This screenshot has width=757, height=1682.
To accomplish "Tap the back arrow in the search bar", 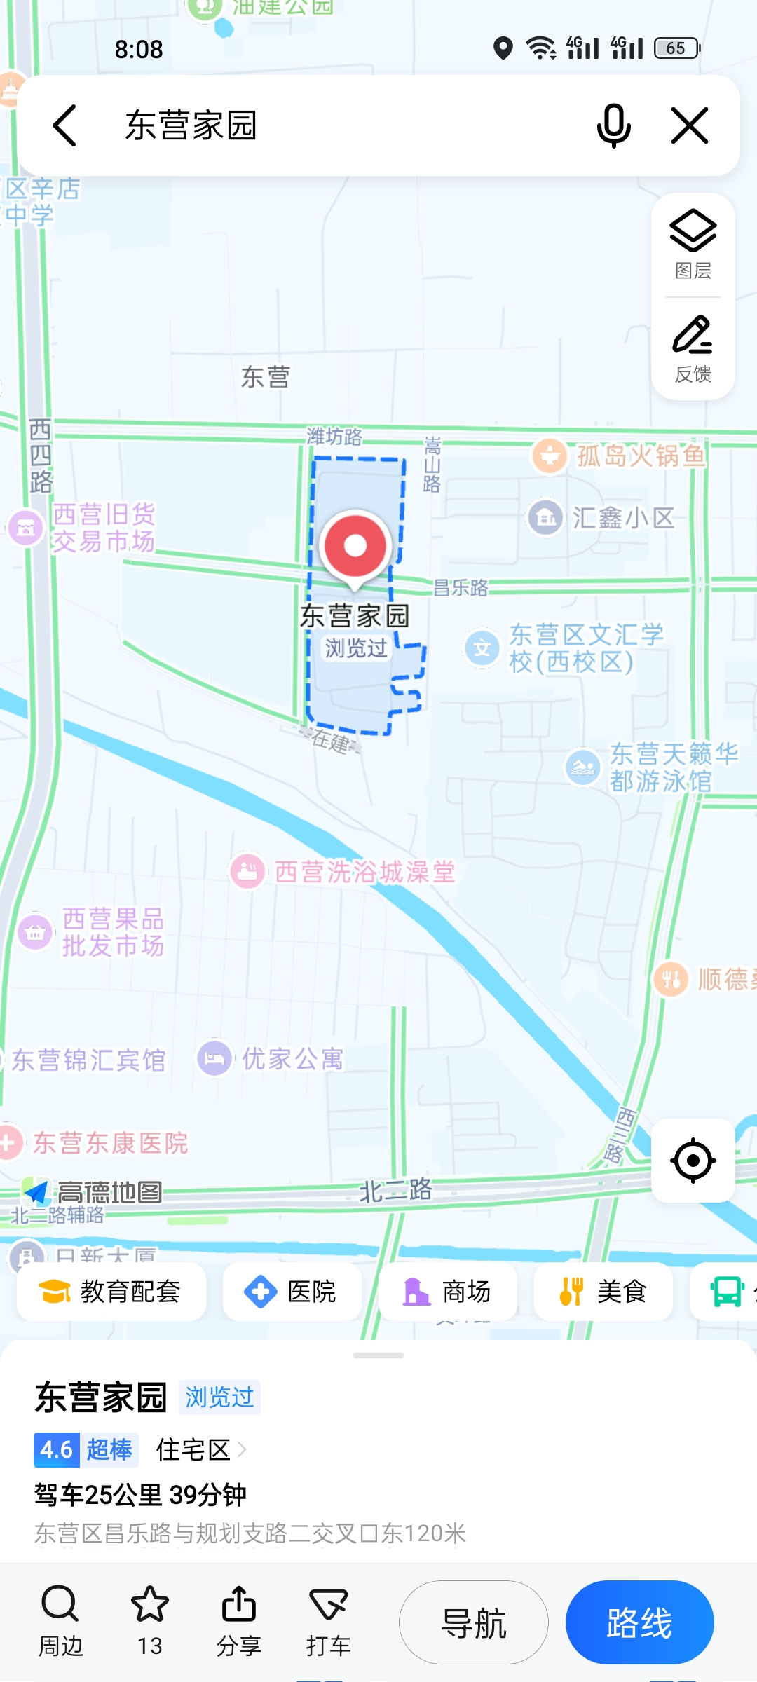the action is [x=64, y=126].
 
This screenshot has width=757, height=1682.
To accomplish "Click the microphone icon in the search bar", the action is [x=613, y=126].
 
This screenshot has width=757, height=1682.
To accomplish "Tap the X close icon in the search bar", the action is [x=690, y=126].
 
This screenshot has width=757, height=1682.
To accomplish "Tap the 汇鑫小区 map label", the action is [x=622, y=519].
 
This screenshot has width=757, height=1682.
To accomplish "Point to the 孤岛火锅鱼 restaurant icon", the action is [x=550, y=456].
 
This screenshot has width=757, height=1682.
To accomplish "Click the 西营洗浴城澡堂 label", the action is [x=364, y=873].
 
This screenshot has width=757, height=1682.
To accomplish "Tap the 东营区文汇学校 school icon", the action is [x=482, y=648].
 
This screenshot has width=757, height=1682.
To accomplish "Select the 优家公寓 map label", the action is [x=292, y=1059].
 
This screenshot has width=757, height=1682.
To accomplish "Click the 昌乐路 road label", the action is [x=460, y=588].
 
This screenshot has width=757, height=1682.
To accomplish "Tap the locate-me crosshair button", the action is [x=693, y=1161].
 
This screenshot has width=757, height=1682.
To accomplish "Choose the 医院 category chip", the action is [x=292, y=1292].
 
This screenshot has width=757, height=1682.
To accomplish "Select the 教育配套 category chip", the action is [x=111, y=1292].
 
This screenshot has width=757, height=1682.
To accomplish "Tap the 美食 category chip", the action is [x=603, y=1292].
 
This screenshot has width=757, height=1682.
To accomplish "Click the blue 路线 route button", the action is [x=639, y=1622].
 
